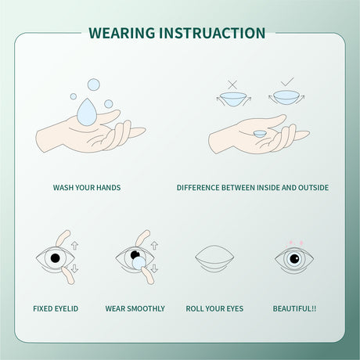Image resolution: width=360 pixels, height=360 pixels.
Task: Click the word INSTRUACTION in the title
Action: (217, 33)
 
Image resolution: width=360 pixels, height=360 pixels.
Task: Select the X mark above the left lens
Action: (232, 83)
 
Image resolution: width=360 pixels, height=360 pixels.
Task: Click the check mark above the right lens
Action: (286, 82)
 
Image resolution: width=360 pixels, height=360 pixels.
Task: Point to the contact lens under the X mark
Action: (232, 99)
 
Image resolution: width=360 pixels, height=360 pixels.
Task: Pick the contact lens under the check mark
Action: (285, 98)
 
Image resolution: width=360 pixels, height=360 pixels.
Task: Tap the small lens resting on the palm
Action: (258, 133)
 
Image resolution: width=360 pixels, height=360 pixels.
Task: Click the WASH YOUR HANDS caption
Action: (87, 188)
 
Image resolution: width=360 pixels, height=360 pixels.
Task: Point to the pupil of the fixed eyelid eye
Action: (55, 257)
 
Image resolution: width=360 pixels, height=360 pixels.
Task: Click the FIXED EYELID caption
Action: (56, 308)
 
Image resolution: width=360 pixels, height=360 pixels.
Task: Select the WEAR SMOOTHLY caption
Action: (135, 308)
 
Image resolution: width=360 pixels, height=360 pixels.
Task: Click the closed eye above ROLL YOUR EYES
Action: (214, 259)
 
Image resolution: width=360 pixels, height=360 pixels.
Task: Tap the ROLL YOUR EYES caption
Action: (214, 308)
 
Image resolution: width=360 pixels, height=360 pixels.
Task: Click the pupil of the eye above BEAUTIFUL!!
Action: (294, 259)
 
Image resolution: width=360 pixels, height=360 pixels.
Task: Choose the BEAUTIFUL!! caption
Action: (294, 308)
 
